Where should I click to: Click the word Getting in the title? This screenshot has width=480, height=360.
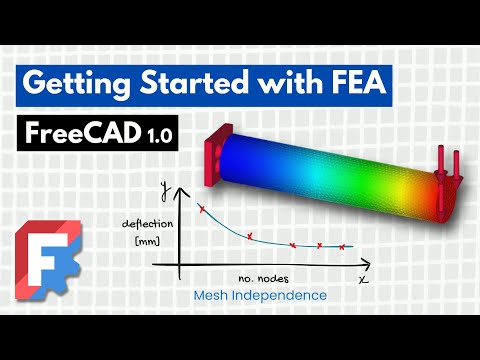point(71,84)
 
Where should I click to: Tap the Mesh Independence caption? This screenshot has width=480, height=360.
point(262,297)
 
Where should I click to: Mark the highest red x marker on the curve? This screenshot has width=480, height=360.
point(202,209)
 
